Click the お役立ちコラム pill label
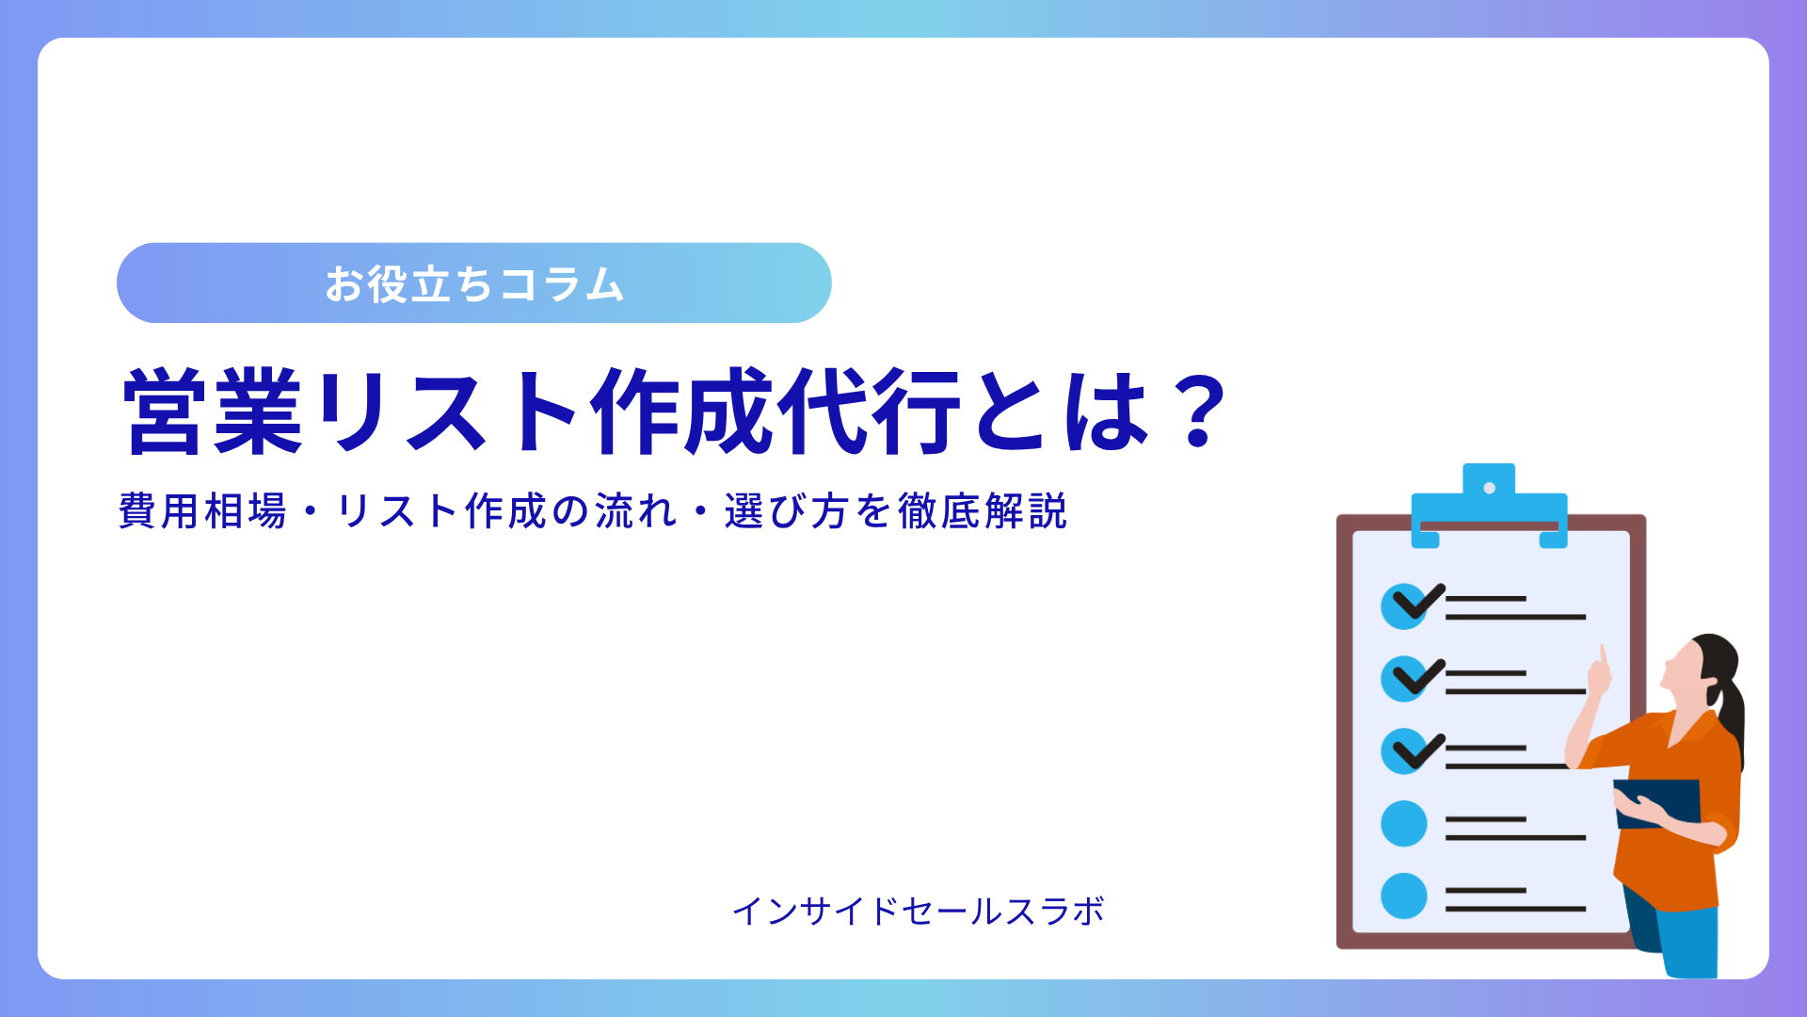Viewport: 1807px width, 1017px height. tap(474, 283)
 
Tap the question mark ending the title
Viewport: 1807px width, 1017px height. tap(1200, 412)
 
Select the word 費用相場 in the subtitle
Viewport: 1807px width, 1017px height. tap(202, 511)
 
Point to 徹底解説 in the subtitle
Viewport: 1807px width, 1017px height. tap(983, 511)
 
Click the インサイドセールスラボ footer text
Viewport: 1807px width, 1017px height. tap(919, 911)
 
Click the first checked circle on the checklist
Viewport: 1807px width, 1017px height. tap(1404, 606)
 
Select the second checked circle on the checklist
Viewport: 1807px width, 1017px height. tap(1404, 679)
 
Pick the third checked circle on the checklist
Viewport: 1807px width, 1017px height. tap(1404, 751)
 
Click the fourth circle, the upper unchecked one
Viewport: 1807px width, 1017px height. tap(1404, 824)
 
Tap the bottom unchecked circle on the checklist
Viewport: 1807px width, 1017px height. tap(1404, 896)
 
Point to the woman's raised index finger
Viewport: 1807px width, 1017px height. tap(1602, 655)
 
